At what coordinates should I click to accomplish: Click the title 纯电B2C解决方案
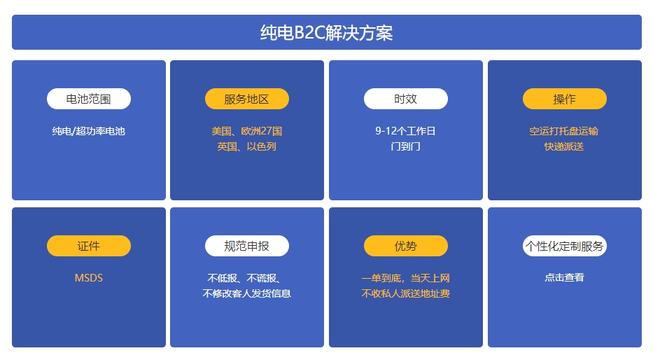click(326, 32)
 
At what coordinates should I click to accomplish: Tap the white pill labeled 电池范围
click(89, 99)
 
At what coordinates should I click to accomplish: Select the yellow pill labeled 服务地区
click(247, 99)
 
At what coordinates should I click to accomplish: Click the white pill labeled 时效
click(406, 99)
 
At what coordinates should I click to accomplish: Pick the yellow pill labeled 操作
click(564, 99)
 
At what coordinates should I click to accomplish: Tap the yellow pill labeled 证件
click(89, 246)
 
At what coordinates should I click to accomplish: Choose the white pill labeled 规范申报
click(247, 246)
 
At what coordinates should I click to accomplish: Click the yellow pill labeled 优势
click(406, 246)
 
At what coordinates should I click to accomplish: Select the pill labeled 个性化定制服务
click(564, 246)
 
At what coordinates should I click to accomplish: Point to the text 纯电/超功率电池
click(89, 131)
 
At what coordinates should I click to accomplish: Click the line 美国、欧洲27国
click(247, 131)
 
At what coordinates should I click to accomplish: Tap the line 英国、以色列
click(247, 146)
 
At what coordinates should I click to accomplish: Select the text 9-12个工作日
click(406, 131)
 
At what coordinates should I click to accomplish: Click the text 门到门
click(406, 146)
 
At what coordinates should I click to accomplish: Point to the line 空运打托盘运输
click(564, 131)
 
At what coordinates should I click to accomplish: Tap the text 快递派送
click(564, 146)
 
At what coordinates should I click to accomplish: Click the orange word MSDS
click(89, 278)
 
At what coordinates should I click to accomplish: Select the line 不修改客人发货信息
click(247, 293)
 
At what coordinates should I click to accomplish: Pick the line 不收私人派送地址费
click(406, 293)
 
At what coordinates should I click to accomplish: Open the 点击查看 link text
click(564, 277)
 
